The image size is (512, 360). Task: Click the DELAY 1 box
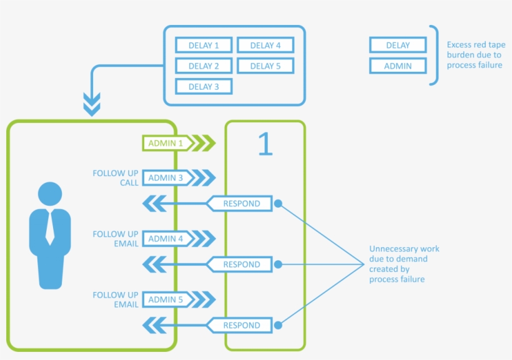point(204,46)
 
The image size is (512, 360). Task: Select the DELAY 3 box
point(204,87)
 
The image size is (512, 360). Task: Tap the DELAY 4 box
point(265,46)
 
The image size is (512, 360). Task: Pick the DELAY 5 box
point(265,66)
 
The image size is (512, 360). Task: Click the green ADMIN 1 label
point(165,144)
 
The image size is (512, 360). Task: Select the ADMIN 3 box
point(165,178)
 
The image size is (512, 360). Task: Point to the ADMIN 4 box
point(165,238)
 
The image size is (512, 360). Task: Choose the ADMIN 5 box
point(165,299)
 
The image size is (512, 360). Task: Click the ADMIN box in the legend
point(398,66)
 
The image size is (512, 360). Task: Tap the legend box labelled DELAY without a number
point(398,46)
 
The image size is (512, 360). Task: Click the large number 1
point(265,144)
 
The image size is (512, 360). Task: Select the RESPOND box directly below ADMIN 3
point(241,203)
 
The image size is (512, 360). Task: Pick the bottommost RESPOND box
point(241,325)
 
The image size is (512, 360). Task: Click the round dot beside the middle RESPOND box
point(278,265)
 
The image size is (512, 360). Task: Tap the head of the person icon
point(50,193)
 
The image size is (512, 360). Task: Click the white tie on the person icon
point(50,228)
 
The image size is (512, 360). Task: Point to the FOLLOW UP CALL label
point(116,178)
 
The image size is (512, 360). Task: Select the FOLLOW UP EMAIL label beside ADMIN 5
point(116,299)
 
